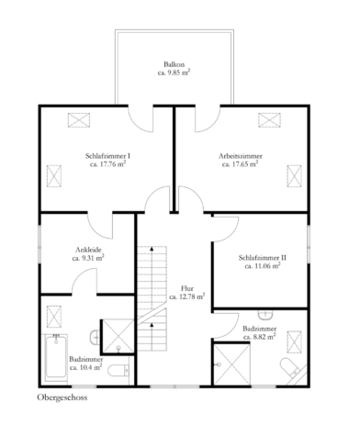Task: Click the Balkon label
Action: (174, 64)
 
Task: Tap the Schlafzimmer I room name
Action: (108, 156)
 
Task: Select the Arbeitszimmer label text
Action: (241, 156)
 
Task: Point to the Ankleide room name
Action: (88, 250)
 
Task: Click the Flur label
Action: (187, 288)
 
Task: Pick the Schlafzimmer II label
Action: (263, 258)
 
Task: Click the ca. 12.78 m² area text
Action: (187, 296)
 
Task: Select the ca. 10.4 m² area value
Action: (86, 367)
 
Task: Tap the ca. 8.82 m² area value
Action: (260, 337)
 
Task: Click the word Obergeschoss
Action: (62, 397)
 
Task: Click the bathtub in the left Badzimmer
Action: (56, 357)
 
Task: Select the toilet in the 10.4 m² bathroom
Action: (118, 371)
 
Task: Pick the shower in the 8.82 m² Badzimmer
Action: (232, 364)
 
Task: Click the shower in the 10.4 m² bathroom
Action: (118, 336)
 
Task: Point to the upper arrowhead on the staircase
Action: (152, 248)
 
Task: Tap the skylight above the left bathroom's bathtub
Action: (54, 317)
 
